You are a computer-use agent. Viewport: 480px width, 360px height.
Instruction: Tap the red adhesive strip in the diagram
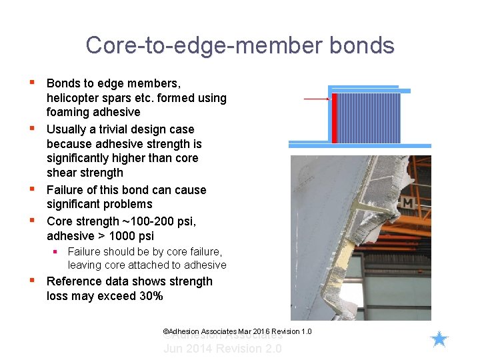point(335,118)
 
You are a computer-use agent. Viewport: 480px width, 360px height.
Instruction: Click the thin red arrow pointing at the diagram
point(317,99)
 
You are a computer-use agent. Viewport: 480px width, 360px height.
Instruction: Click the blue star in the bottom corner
point(439,340)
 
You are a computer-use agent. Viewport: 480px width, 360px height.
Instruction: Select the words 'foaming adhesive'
point(93,112)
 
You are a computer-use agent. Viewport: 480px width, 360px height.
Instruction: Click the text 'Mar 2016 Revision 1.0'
point(275,332)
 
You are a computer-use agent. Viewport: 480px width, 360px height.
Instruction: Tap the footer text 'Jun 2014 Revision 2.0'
point(223,349)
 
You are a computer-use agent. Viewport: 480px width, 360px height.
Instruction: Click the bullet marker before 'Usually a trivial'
point(31,127)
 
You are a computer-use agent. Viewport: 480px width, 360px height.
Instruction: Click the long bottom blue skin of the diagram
point(360,145)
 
